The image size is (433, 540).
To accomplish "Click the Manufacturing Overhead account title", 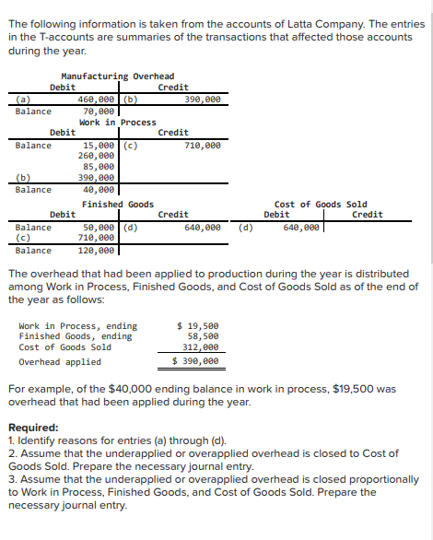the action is click(x=117, y=76).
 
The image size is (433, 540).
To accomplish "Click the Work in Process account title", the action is click(x=117, y=123).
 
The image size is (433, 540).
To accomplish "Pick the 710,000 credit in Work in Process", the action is click(x=202, y=146).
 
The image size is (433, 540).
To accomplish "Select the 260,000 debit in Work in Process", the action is click(x=99, y=157).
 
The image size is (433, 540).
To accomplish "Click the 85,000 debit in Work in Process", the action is click(x=101, y=168).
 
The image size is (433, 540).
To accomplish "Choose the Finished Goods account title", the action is click(x=117, y=204).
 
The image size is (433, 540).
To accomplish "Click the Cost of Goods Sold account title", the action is click(x=320, y=204).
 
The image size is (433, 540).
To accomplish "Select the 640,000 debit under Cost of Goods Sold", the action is click(x=301, y=227).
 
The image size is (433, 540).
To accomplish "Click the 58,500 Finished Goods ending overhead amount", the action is click(x=203, y=336).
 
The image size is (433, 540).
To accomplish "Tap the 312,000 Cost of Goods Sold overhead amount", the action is click(x=200, y=347).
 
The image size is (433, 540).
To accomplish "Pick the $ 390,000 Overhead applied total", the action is click(x=196, y=361).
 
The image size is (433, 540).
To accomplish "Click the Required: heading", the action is click(x=34, y=428).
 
